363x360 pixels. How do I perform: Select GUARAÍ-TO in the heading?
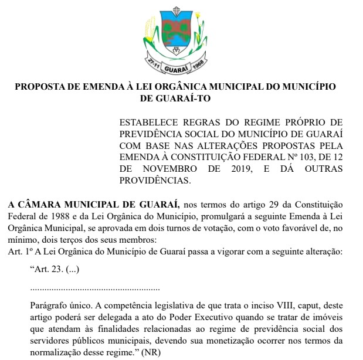pos(175,99)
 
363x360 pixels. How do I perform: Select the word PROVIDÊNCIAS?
pos(155,180)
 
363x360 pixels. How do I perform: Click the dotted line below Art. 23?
pos(94,288)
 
